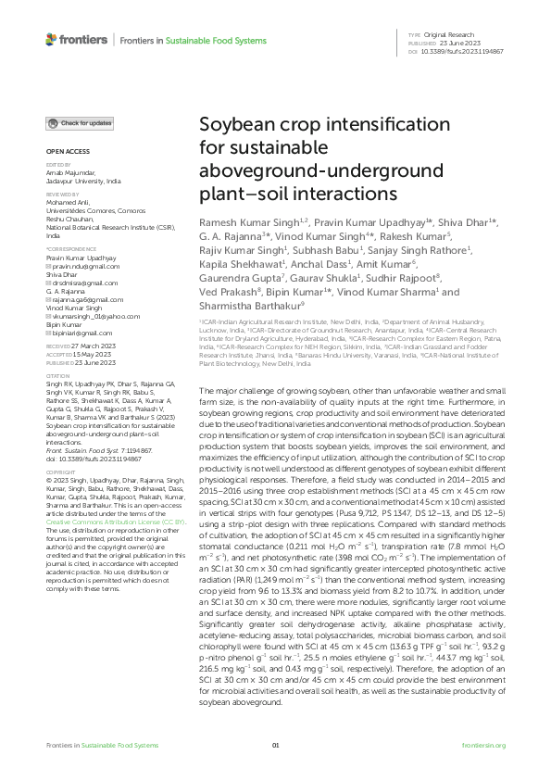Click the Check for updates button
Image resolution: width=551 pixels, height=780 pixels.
coord(81,123)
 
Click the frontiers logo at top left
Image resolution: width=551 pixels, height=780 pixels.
coord(76,40)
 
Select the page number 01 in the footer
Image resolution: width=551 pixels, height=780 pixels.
coord(275,745)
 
